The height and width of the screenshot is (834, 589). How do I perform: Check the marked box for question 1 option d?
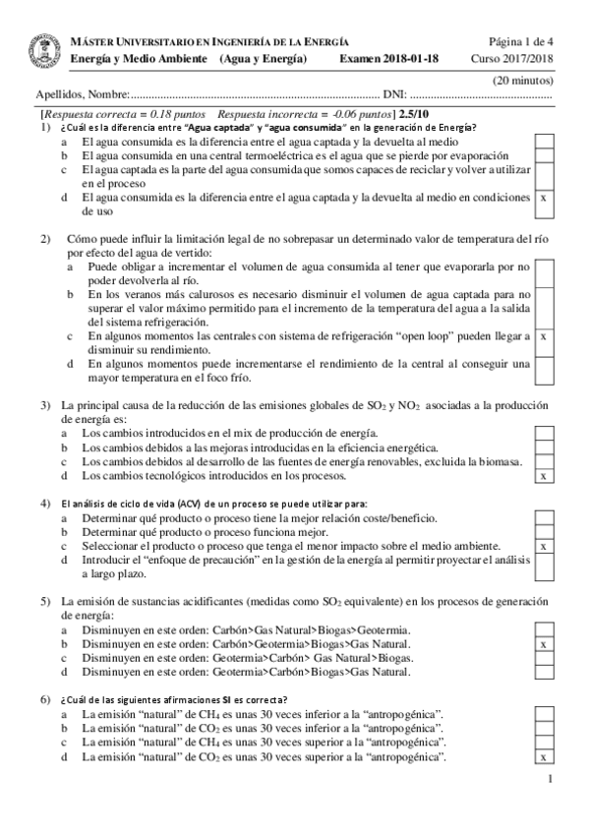tap(544, 198)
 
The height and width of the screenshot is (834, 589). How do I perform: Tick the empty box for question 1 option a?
tap(544, 142)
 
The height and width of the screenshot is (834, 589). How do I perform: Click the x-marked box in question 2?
tap(544, 336)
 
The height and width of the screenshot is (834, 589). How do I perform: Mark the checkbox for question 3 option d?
tap(544, 476)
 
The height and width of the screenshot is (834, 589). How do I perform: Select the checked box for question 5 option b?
tap(544, 644)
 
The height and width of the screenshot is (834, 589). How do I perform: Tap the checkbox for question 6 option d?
tap(544, 757)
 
